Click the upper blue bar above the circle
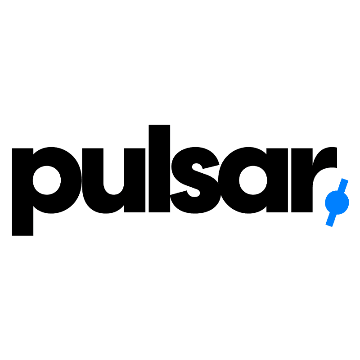[x=344, y=185]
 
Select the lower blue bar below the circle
[x=331, y=219]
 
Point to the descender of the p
[x=22, y=223]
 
